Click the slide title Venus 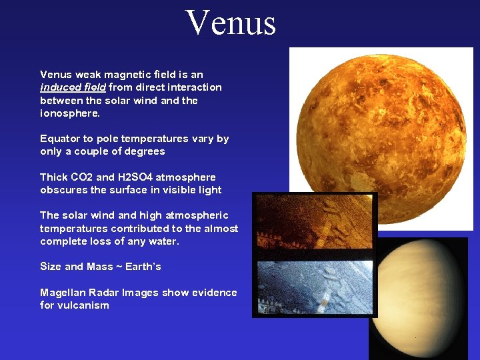(x=231, y=23)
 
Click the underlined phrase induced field (x=73, y=87)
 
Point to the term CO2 (x=82, y=177)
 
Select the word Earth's (x=142, y=267)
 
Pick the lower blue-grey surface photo (x=315, y=286)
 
